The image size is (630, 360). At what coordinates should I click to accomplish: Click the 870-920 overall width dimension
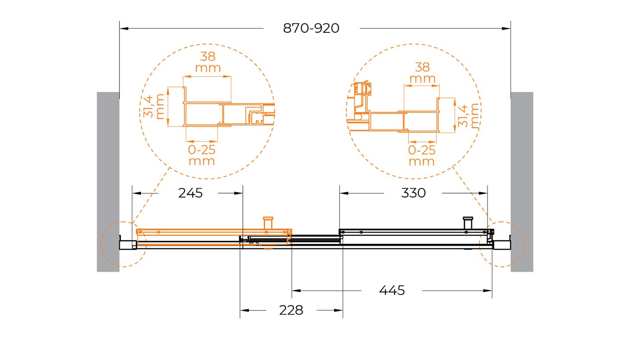311,28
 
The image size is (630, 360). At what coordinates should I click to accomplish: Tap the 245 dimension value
190,193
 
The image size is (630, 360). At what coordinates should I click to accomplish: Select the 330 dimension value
413,193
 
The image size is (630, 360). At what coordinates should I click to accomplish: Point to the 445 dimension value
392,290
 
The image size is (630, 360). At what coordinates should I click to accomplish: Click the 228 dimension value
291,310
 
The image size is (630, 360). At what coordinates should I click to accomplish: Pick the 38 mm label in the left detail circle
208,62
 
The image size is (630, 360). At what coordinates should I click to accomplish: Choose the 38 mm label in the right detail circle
422,73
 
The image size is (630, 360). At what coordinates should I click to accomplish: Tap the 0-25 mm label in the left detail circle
202,155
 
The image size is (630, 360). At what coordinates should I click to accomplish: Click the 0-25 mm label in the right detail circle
422,156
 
